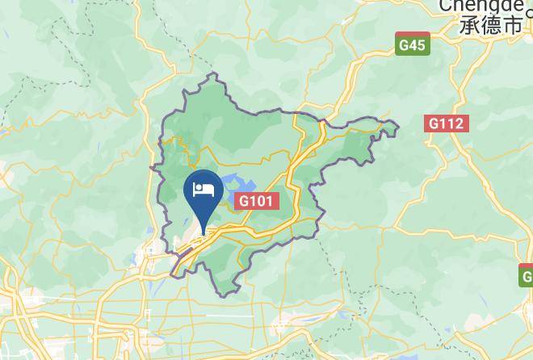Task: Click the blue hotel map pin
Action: point(204,194)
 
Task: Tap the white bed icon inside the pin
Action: point(204,190)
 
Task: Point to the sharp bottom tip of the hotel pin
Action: point(204,231)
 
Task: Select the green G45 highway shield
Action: point(412,45)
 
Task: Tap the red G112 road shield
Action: point(445,123)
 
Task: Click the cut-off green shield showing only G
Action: point(526,277)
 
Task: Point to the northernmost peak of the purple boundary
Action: point(213,73)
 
